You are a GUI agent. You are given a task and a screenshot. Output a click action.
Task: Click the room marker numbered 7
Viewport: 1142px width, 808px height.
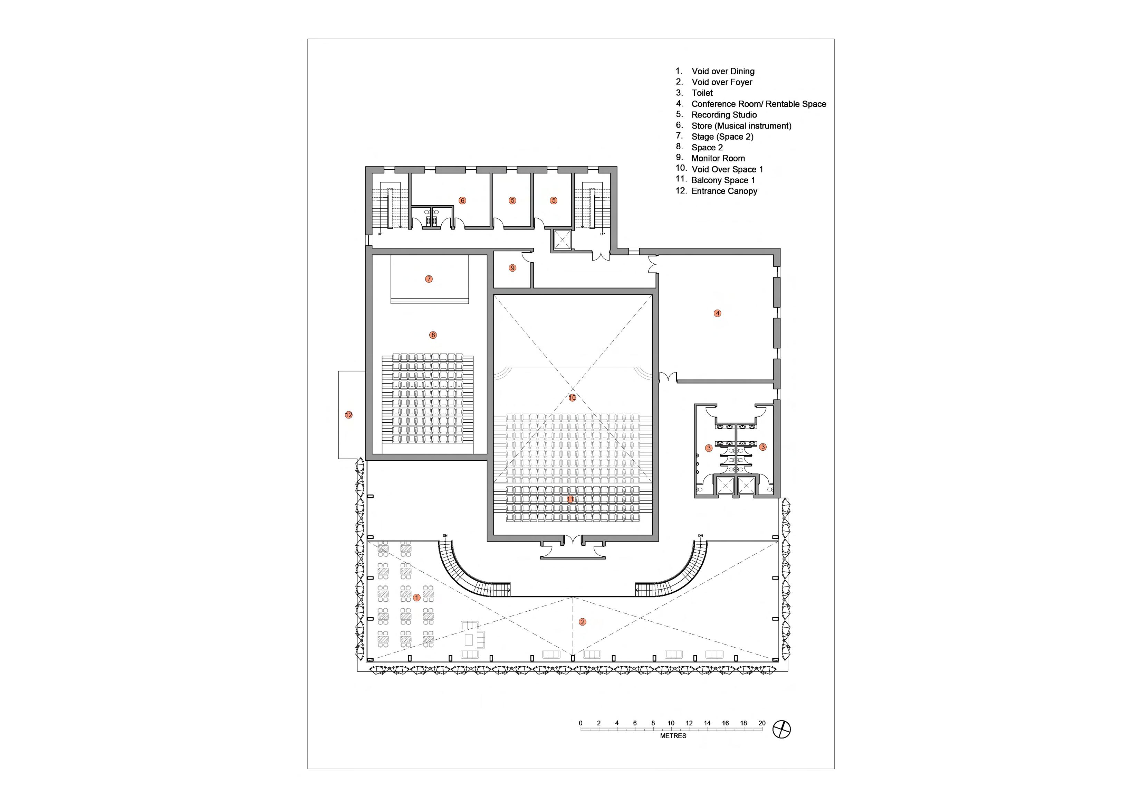429,279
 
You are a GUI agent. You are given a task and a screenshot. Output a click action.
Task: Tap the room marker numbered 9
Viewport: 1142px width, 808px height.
513,268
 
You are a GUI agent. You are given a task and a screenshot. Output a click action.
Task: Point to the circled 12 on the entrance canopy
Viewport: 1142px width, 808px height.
349,415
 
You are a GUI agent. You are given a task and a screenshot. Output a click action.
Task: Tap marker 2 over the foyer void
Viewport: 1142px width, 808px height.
583,622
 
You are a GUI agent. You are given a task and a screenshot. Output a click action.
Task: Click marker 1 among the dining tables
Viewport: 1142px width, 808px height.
417,598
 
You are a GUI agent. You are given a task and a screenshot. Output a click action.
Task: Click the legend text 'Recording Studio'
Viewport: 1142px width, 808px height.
724,115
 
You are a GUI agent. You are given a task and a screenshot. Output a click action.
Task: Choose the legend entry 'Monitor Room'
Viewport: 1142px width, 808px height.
718,158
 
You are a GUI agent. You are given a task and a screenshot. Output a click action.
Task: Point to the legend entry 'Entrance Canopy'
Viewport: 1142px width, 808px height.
724,191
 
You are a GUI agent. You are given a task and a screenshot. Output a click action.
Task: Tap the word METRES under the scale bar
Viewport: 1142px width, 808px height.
673,736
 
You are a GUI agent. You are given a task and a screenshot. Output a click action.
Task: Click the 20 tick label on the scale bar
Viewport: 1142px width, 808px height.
761,723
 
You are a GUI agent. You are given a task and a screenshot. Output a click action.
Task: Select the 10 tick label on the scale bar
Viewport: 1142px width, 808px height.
671,723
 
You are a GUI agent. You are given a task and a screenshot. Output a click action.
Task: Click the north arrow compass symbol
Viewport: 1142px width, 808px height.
781,730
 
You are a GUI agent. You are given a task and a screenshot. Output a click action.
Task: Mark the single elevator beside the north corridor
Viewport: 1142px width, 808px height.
563,240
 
